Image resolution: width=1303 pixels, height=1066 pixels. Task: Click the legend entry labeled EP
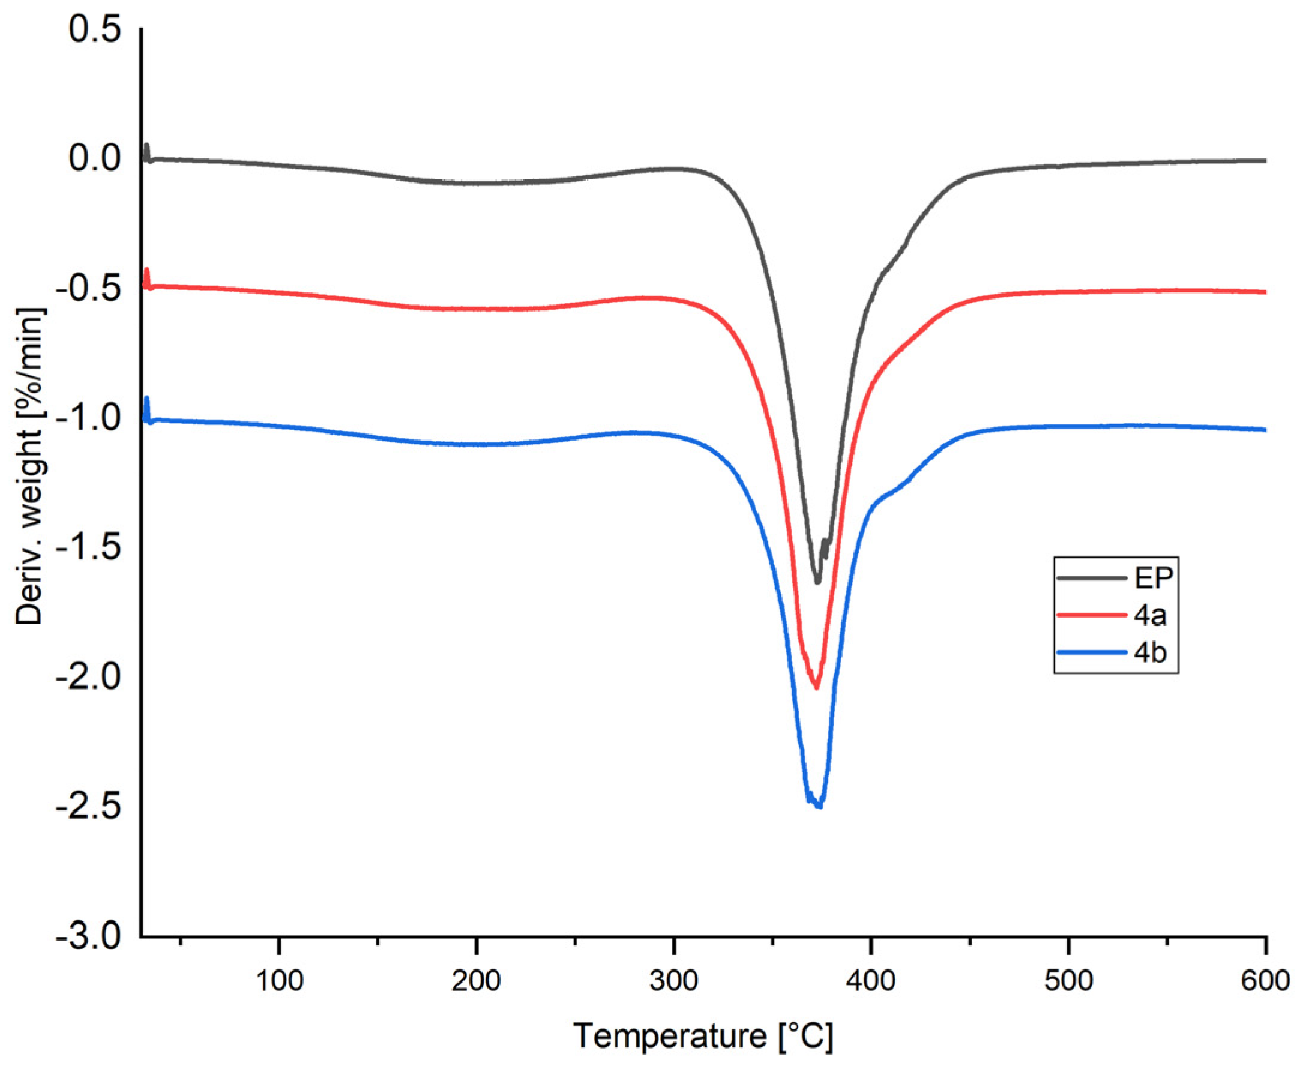[1154, 578]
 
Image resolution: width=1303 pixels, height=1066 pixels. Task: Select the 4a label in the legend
[1150, 615]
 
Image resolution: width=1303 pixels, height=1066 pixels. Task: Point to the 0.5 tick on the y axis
[95, 30]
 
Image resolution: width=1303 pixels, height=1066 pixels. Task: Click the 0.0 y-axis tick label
[95, 159]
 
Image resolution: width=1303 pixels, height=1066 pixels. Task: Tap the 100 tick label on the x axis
[280, 981]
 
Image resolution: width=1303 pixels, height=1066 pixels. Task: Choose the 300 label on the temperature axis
[673, 981]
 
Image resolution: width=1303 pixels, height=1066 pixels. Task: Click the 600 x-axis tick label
[1265, 981]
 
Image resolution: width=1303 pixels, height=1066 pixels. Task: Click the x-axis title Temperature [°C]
[703, 1037]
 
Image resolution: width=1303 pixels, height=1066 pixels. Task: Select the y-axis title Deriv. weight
[29, 467]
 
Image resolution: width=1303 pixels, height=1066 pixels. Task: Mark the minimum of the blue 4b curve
[819, 806]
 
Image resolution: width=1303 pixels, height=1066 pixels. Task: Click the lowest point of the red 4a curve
[817, 687]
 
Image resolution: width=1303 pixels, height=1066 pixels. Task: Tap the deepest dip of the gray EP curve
[817, 582]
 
